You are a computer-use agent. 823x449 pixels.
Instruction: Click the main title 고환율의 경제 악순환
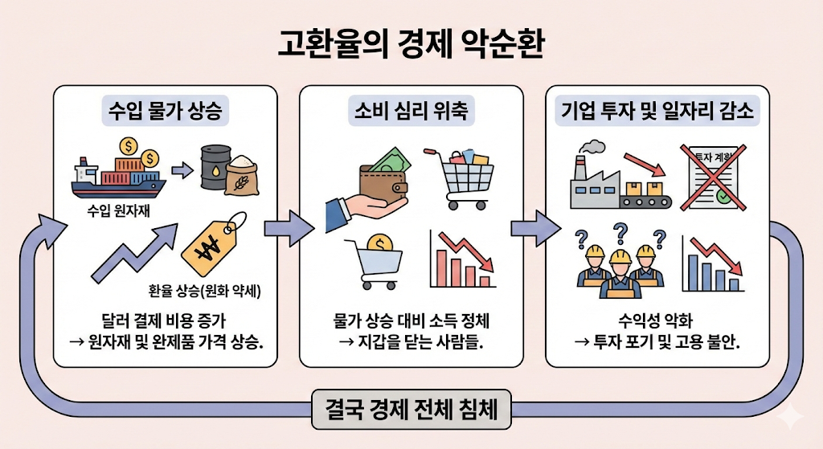(x=411, y=45)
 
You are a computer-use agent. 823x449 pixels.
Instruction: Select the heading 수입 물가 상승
(x=166, y=111)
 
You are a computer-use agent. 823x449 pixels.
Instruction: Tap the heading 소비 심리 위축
(x=411, y=111)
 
